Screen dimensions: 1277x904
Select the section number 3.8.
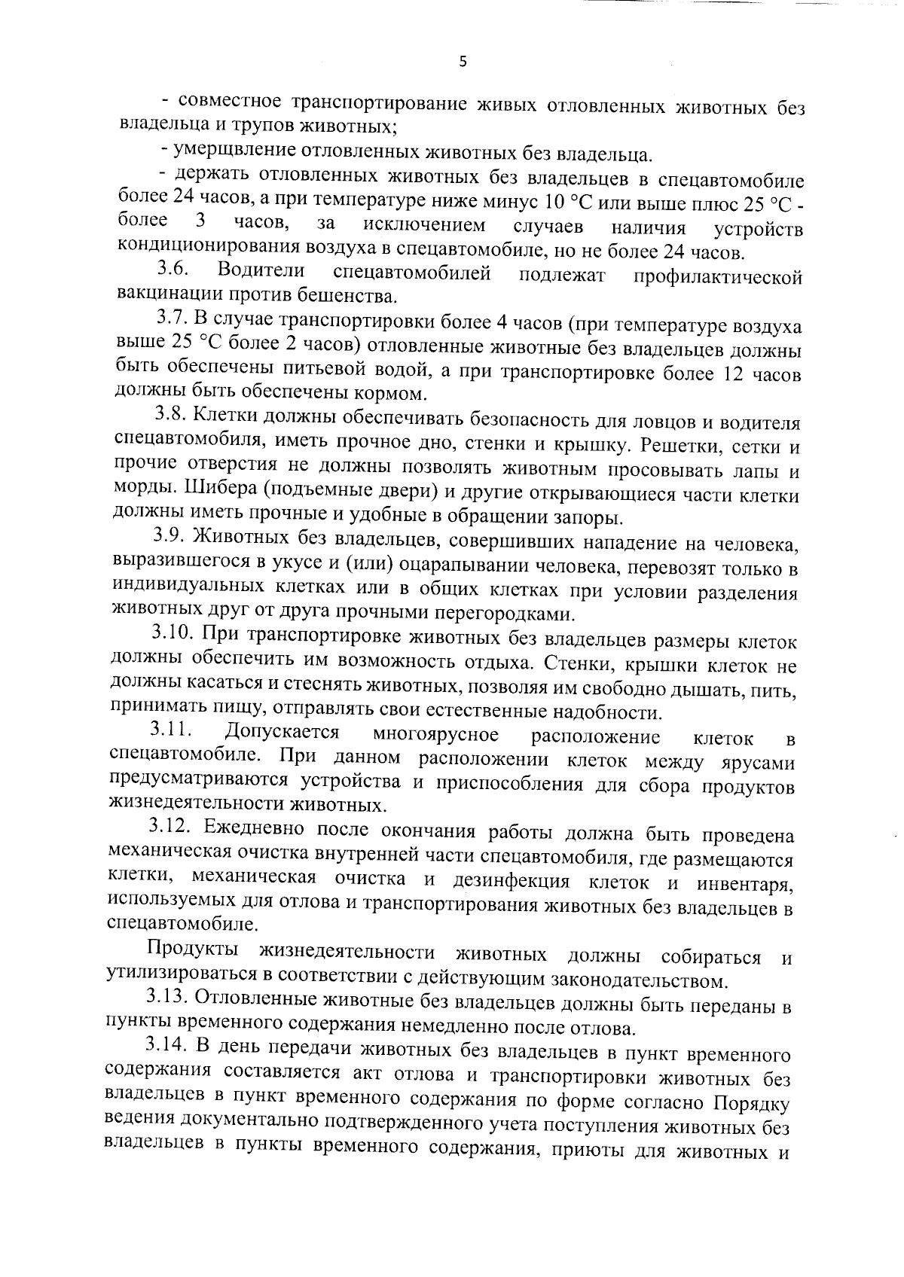(172, 413)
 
